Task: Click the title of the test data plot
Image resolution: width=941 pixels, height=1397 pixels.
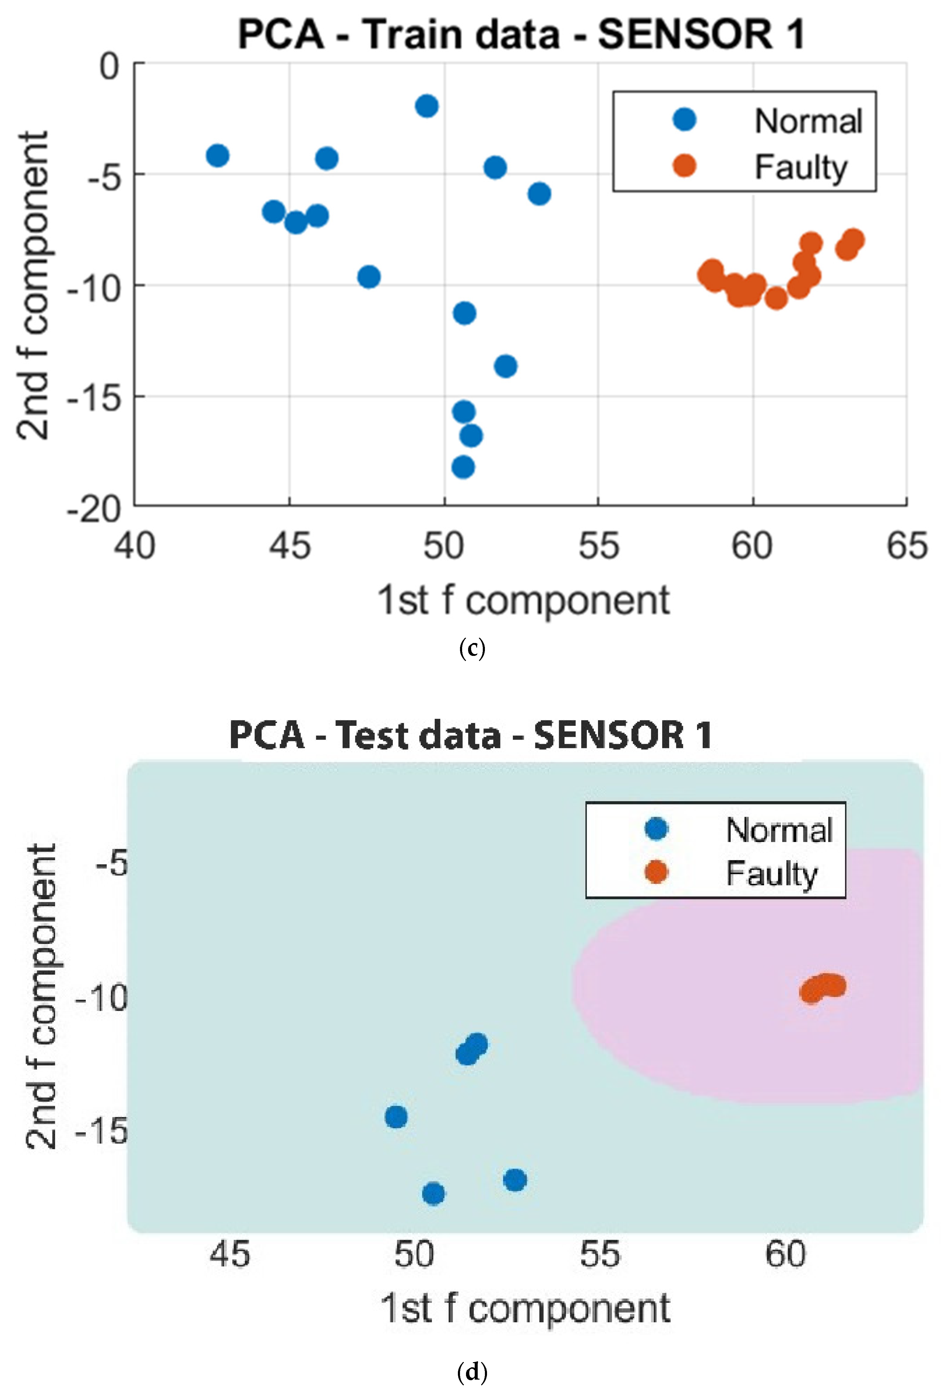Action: (x=471, y=735)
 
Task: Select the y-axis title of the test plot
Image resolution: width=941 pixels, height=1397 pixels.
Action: (x=42, y=996)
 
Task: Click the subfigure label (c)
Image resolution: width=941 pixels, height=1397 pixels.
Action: (x=472, y=649)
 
